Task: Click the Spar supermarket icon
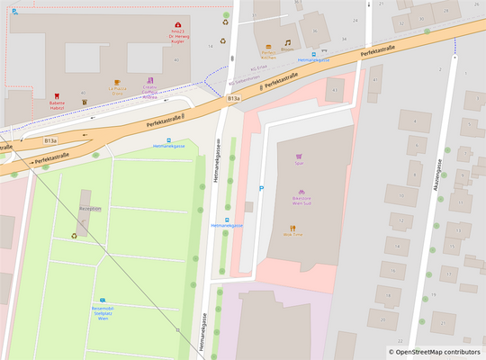pos(299,155)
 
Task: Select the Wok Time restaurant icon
pos(292,228)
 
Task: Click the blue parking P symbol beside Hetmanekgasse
pos(262,188)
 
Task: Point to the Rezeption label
pos(90,209)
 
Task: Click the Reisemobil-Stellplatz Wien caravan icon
pos(103,301)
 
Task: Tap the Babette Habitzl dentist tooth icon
pos(57,95)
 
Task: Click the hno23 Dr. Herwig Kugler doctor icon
pos(177,25)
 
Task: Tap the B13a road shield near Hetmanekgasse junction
pos(234,97)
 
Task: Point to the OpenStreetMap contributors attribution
pos(435,352)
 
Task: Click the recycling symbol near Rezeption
pos(75,237)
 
